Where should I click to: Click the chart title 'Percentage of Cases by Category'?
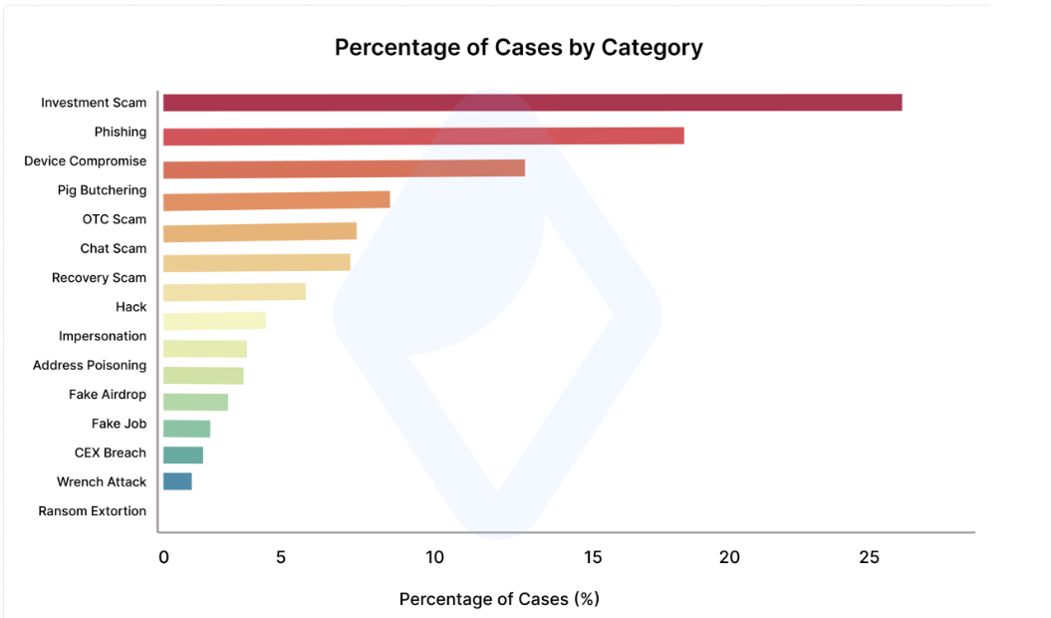coord(518,48)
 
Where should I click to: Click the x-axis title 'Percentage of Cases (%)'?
coord(499,599)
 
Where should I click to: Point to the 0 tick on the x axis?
coord(164,557)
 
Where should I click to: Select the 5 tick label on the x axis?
coord(281,557)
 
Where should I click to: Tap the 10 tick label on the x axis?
coord(434,557)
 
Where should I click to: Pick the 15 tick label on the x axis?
coord(593,557)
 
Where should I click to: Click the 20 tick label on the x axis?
coord(729,557)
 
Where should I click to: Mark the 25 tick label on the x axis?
coord(869,557)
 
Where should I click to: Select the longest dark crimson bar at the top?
coord(532,103)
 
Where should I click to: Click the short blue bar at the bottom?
coord(177,481)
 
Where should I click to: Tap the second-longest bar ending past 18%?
coord(423,136)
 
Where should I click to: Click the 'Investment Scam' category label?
coord(94,103)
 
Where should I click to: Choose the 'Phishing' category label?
coord(121,132)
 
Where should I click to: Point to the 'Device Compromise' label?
coord(86,160)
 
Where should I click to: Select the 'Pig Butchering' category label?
coord(102,190)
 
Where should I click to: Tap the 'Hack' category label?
coord(131,307)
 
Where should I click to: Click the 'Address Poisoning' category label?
coord(90,365)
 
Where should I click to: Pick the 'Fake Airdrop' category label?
coord(108,395)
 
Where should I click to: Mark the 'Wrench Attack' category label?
coord(102,481)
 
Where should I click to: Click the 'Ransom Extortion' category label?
coord(93,511)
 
